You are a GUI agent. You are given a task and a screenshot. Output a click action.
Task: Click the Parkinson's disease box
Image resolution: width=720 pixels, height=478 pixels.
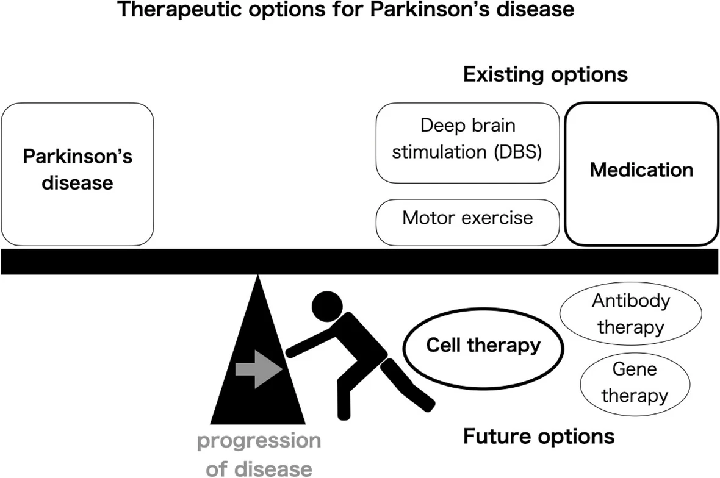pyautogui.click(x=77, y=174)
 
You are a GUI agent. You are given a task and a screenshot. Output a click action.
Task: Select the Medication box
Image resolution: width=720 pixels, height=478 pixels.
pyautogui.click(x=642, y=174)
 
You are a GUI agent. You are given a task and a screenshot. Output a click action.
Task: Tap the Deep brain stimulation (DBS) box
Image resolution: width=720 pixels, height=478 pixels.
pyautogui.click(x=467, y=143)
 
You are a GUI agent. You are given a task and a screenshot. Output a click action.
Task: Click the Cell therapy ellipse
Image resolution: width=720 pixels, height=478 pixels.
pyautogui.click(x=483, y=346)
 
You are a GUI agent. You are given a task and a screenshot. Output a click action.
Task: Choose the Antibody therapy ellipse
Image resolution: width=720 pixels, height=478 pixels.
pyautogui.click(x=630, y=315)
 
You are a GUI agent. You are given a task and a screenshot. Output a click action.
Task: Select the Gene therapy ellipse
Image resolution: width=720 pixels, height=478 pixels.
pyautogui.click(x=635, y=383)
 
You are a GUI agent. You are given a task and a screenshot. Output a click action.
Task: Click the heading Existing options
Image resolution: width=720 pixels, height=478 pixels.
pyautogui.click(x=545, y=74)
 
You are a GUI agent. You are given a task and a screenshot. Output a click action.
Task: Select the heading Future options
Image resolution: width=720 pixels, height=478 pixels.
pyautogui.click(x=539, y=437)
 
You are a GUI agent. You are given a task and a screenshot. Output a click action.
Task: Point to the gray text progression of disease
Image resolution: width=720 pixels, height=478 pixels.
pyautogui.click(x=259, y=454)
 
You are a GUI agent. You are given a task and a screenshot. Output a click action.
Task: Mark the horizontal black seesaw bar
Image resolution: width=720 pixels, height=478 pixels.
pyautogui.click(x=360, y=261)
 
